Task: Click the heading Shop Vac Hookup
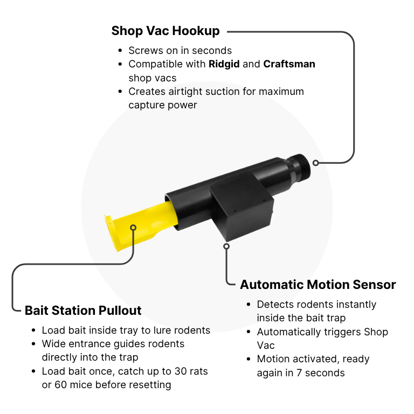[165, 31]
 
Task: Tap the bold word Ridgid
[224, 64]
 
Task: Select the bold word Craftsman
[289, 64]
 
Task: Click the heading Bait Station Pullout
[83, 310]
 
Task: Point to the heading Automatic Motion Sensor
[318, 285]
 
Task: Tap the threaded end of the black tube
[300, 166]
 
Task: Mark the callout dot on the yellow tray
[133, 227]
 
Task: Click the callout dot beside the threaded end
[315, 163]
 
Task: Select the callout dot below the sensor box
[226, 246]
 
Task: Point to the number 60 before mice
[61, 385]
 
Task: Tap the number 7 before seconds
[299, 373]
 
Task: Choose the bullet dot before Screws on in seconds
[120, 51]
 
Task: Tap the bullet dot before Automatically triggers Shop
[249, 332]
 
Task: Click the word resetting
[150, 385]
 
